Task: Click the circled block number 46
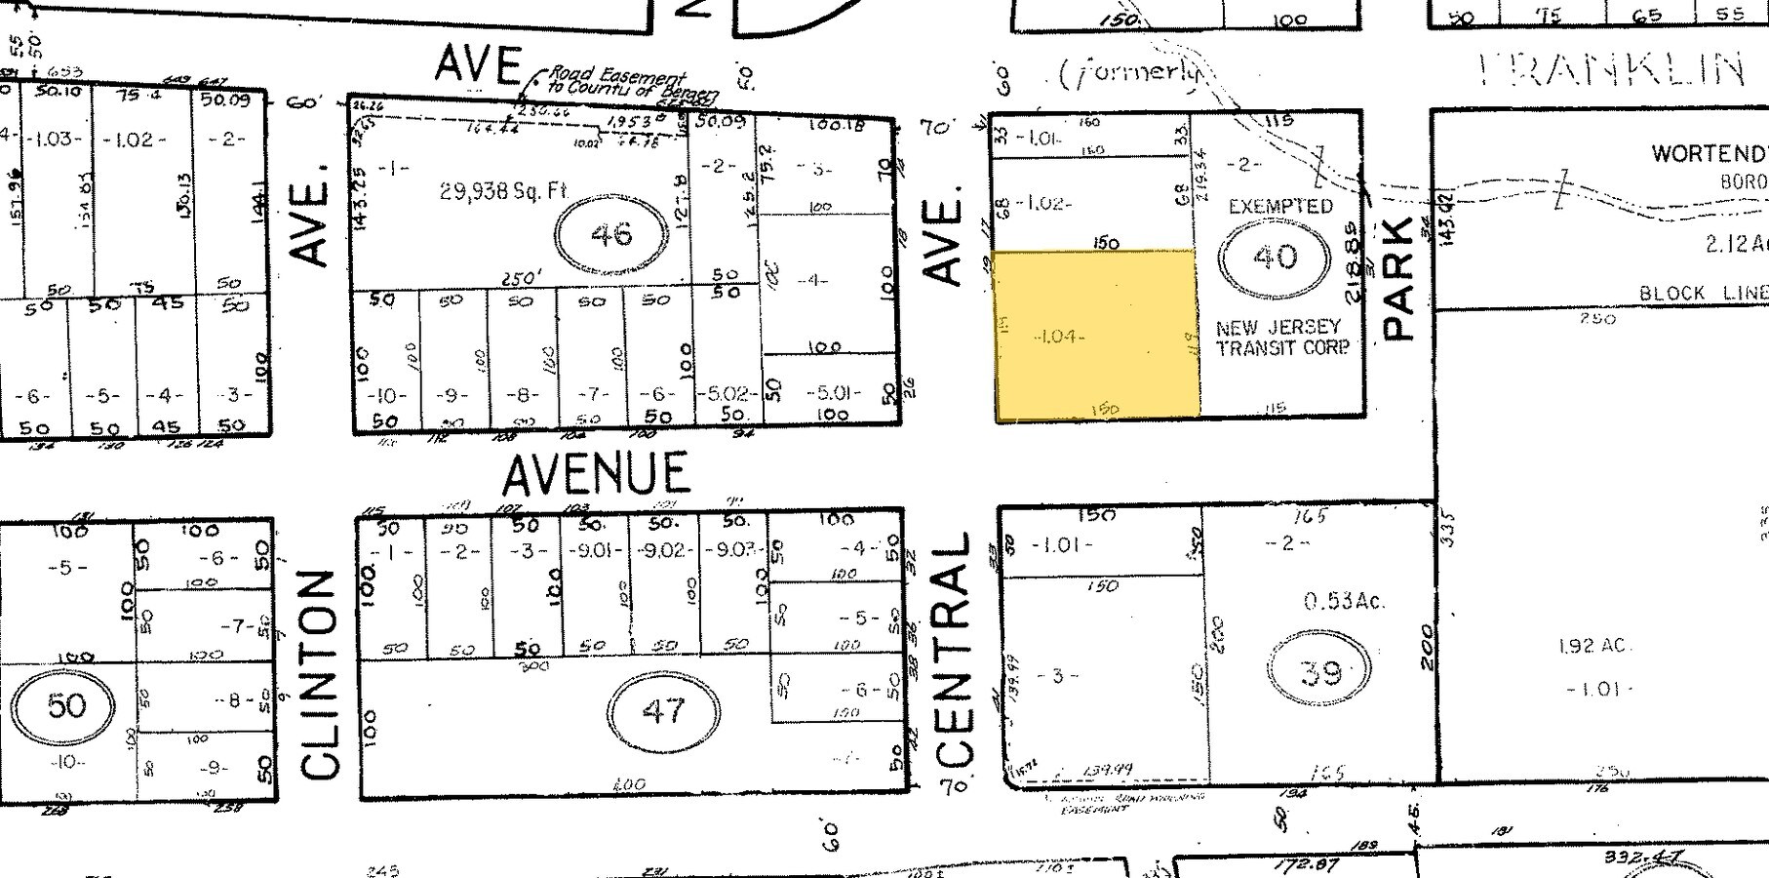coord(611,234)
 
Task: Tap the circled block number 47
coord(663,710)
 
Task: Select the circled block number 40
coord(1275,258)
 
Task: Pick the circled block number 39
coord(1320,672)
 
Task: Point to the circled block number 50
coord(65,704)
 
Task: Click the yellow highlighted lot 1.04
coord(1096,336)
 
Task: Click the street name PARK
coord(1399,278)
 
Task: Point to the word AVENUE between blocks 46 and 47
coord(596,474)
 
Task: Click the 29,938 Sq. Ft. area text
coord(503,191)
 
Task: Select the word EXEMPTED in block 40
coord(1280,207)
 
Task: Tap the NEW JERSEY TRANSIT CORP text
coord(1281,337)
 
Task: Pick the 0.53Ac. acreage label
coord(1344,601)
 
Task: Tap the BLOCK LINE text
coord(1703,293)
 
